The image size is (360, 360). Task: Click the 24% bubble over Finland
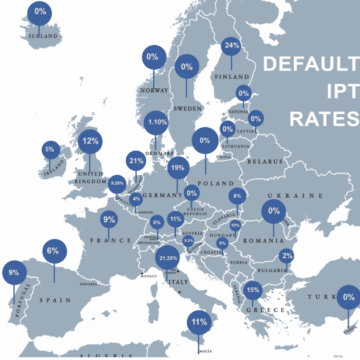point(232,46)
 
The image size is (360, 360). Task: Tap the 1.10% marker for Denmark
point(156,122)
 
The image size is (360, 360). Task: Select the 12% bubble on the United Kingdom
point(91,141)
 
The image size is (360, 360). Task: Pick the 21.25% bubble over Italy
point(168,258)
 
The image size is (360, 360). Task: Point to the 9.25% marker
point(117,183)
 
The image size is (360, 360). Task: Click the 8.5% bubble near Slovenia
point(189,240)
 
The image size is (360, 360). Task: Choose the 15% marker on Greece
point(252,290)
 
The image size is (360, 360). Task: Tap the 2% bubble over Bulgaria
point(287,256)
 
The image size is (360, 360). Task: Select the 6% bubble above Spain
point(53,250)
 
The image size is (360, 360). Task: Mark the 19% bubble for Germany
point(177,168)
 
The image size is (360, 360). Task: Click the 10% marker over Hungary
point(235,225)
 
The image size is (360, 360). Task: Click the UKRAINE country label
point(301,196)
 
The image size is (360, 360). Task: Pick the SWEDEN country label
point(188,109)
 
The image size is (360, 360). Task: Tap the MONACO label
point(152,276)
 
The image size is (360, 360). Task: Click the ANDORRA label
point(88,284)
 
